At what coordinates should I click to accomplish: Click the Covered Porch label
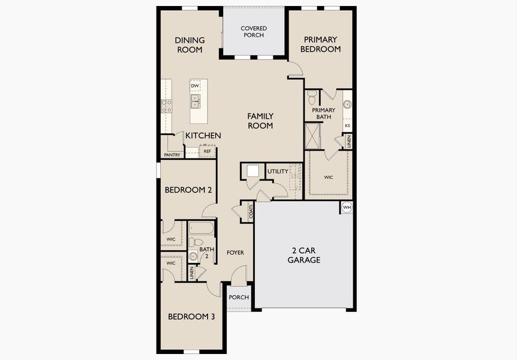click(254, 31)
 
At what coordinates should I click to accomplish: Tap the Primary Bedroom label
click(321, 44)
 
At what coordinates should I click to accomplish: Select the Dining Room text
click(190, 45)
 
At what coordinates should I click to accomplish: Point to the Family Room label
click(261, 121)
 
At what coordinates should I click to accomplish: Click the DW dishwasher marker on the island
click(195, 86)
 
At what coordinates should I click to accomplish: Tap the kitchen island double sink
click(196, 101)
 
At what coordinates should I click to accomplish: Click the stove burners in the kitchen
click(166, 106)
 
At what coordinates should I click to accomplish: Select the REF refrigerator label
click(207, 152)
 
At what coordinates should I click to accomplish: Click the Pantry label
click(172, 155)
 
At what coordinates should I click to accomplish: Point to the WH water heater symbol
click(347, 208)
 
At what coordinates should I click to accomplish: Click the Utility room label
click(278, 172)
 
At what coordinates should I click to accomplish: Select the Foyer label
click(235, 253)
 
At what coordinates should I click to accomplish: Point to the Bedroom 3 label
click(191, 317)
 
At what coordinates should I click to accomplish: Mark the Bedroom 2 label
click(188, 190)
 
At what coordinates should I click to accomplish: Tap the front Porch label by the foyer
click(239, 298)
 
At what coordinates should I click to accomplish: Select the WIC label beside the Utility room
click(328, 178)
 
